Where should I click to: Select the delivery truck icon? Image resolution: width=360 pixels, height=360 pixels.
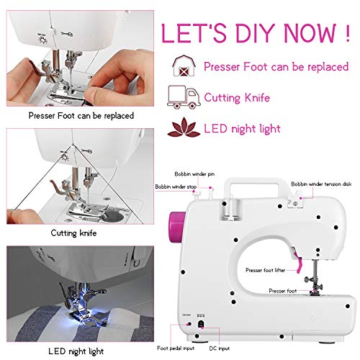pyautogui.click(x=183, y=97)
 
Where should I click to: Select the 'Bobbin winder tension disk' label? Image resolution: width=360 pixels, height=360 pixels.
pyautogui.click(x=322, y=184)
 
